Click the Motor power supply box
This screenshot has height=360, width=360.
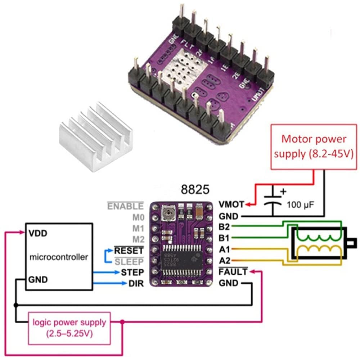coord(314,146)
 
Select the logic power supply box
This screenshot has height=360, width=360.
coord(69,328)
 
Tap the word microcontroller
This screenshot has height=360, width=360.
coord(58,257)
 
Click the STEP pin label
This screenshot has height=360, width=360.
coord(132,272)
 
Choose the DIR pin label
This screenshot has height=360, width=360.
coord(136,284)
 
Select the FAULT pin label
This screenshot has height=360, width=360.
coord(233,272)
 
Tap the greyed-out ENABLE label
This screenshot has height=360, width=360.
coord(125,206)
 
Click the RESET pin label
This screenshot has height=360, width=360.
coord(129,250)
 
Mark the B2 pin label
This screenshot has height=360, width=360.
coord(224,226)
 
